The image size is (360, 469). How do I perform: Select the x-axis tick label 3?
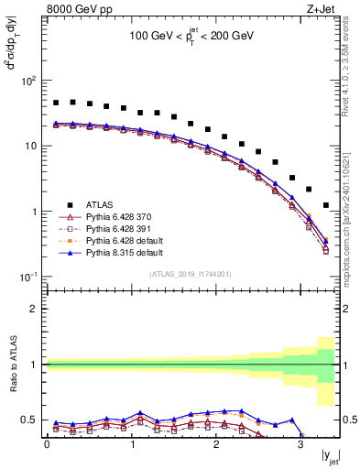[x=300, y=444]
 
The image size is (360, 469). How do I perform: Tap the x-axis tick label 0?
[x=47, y=444]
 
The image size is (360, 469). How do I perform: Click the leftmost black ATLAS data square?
[x=56, y=103]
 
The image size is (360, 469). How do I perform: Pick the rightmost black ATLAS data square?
[x=326, y=205]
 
